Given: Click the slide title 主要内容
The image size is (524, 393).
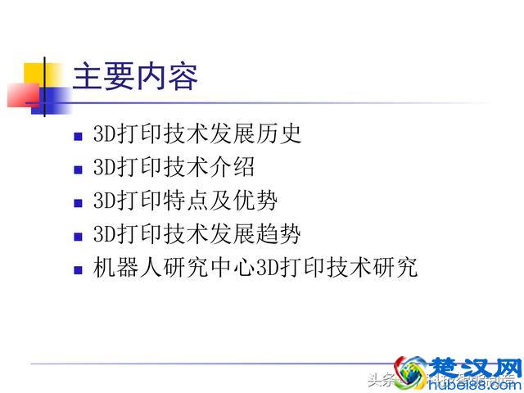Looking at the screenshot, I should (x=136, y=78).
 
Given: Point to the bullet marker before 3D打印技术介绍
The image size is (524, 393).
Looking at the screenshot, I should (x=78, y=169).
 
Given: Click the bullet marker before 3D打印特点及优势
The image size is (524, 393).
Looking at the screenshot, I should (x=78, y=202).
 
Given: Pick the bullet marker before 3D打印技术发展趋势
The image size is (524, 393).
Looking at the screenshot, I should (x=78, y=236).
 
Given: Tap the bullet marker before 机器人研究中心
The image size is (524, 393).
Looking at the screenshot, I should (x=78, y=269).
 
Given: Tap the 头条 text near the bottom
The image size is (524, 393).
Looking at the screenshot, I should (x=380, y=379).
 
